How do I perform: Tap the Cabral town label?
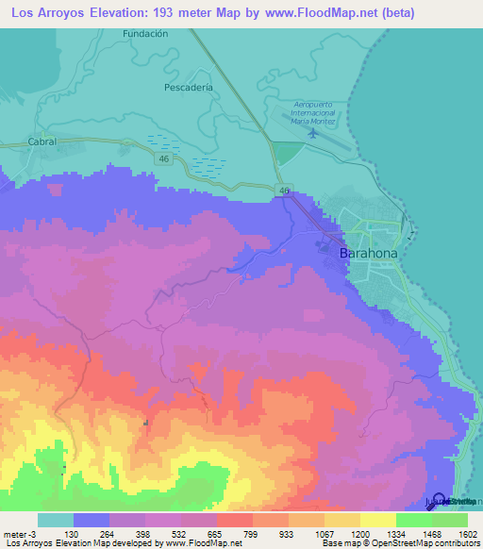[x=42, y=141]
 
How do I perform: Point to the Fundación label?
[x=145, y=33]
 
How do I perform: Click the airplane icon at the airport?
[x=312, y=134]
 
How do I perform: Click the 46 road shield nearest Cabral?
[x=164, y=160]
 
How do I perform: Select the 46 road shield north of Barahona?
[x=284, y=191]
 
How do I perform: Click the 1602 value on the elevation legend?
[x=468, y=533]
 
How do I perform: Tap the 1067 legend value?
[x=325, y=533]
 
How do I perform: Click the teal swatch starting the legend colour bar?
[x=56, y=520]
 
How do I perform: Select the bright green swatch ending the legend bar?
[x=450, y=520]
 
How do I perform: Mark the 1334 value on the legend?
[x=396, y=533]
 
